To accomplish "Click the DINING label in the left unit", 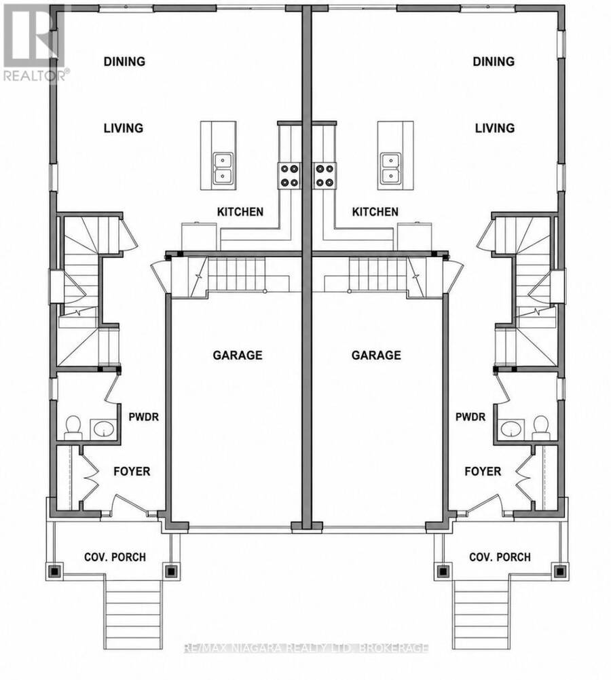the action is tap(124, 61).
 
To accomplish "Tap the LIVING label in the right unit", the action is tap(495, 128).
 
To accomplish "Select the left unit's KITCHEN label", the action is tap(240, 212).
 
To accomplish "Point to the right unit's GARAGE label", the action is tap(376, 355).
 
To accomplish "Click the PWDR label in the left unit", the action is tap(144, 417).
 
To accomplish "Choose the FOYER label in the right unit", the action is tap(483, 471).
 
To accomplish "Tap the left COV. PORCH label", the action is tap(115, 557).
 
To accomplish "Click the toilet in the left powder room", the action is tap(73, 428).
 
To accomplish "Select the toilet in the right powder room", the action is tap(540, 428).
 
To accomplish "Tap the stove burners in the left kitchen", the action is tap(289, 175).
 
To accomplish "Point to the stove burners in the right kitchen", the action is tap(325, 175).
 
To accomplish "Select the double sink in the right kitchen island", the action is tap(391, 168).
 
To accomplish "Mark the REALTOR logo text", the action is tap(35, 75).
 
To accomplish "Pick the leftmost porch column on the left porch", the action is tap(55, 571).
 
